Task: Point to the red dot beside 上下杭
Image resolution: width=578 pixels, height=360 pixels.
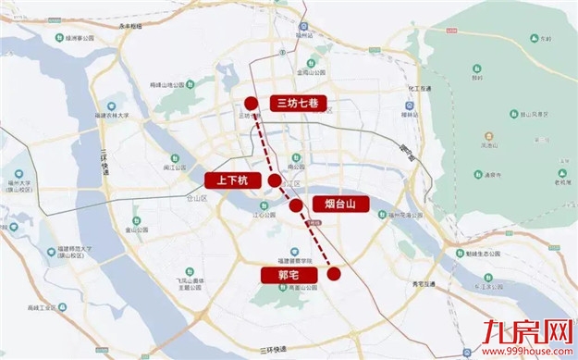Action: coord(275,180)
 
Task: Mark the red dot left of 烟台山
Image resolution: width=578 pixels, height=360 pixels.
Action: coord(296,205)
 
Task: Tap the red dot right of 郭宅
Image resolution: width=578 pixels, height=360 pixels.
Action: coord(334,273)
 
